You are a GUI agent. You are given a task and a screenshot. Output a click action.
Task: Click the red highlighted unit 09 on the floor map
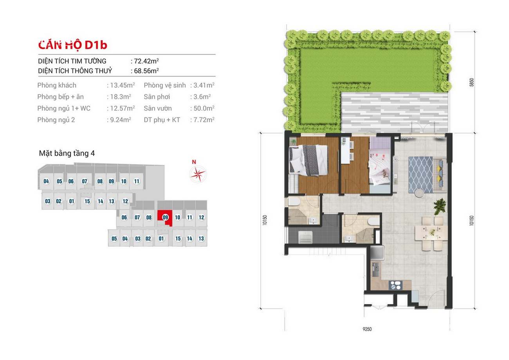165,218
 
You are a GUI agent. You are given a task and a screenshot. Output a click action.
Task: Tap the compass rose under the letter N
198,174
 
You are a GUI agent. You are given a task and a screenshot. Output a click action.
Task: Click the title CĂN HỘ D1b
72,45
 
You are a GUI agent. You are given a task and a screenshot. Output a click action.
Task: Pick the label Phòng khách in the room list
57,85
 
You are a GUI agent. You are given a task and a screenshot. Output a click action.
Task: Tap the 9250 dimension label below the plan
367,329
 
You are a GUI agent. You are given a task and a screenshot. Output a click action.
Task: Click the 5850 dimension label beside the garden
471,82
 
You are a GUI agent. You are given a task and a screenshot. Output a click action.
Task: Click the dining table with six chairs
431,233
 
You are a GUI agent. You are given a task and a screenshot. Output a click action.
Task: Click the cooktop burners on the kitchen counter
395,285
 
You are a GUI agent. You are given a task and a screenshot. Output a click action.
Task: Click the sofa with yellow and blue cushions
440,175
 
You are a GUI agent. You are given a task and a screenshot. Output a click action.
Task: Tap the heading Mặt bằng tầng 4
67,154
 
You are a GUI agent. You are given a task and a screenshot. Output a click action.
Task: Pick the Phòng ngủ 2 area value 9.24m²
121,120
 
